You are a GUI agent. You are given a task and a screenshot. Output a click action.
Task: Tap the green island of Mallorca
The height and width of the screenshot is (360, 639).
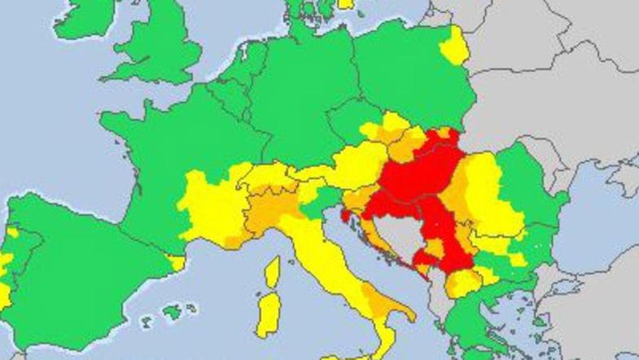pyautogui.click(x=172, y=311)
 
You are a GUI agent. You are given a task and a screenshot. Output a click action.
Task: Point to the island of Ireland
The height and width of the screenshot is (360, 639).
pyautogui.click(x=81, y=20)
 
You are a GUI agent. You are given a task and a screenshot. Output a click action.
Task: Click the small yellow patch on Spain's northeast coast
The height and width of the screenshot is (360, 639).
pyautogui.click(x=175, y=262)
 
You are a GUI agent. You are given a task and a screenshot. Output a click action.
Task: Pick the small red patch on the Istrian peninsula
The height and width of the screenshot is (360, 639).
pyautogui.click(x=347, y=217)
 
